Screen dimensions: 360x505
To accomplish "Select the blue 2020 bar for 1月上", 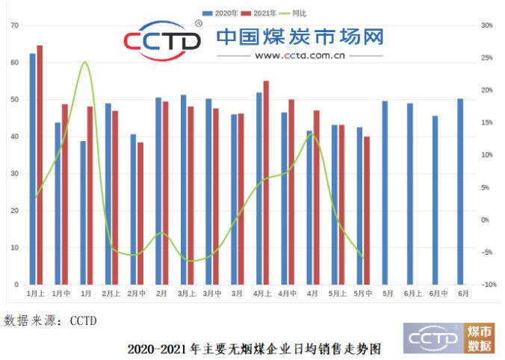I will [32, 169].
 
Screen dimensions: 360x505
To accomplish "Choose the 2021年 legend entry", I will [261, 13].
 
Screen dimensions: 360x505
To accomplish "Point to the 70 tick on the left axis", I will [14, 25].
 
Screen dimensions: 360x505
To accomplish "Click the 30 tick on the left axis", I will [14, 173].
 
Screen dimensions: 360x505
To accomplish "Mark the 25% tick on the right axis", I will [487, 58].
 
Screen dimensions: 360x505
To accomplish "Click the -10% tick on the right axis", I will [489, 285].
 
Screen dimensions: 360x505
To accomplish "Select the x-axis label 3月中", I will [212, 294].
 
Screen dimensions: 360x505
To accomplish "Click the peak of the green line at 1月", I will [85, 62].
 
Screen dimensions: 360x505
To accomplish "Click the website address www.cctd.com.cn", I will [299, 55].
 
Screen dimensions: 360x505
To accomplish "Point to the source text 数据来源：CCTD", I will [50, 321].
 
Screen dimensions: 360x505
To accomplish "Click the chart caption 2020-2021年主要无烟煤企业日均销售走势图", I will [254, 348].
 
